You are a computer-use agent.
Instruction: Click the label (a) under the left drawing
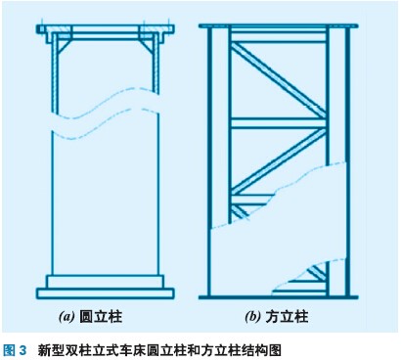tap(67, 317)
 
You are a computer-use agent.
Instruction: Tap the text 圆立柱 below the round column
tap(101, 317)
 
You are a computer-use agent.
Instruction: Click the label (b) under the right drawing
tap(252, 317)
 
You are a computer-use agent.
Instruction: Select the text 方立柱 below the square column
tap(287, 317)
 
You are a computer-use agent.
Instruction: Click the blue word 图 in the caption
tap(9, 350)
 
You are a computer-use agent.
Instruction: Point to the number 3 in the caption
tap(22, 351)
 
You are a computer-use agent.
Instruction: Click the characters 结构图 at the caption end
tap(263, 350)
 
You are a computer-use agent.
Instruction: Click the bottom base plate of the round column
tap(105, 293)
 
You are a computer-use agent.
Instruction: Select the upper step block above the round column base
tap(105, 282)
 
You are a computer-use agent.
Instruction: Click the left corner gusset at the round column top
tap(65, 46)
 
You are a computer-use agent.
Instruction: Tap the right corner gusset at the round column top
tap(147, 46)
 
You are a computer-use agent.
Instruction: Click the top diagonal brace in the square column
tap(278, 80)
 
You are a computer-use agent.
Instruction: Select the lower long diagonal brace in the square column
tap(278, 160)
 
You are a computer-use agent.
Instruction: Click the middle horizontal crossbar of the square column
tap(278, 123)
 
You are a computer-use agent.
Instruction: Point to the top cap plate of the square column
tap(279, 25)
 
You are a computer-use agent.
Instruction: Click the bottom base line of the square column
tap(279, 297)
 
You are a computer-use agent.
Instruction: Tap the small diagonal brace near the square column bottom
tap(317, 273)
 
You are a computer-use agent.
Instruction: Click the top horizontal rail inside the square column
tap(278, 36)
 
